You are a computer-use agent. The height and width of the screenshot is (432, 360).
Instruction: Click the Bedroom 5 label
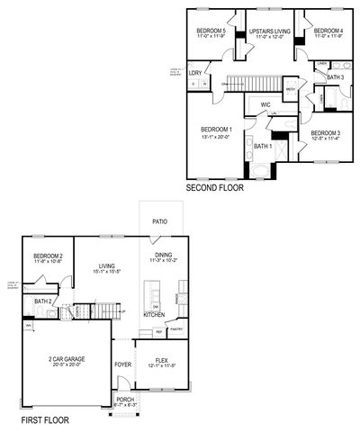click(x=211, y=31)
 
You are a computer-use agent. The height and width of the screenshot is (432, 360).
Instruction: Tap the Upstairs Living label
click(x=268, y=31)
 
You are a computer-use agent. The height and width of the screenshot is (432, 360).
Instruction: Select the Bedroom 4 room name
click(x=326, y=31)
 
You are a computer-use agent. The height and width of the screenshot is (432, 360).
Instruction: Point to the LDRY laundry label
click(x=194, y=72)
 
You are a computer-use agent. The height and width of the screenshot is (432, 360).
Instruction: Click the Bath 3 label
click(x=335, y=77)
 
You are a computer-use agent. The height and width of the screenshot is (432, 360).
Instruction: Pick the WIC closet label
click(x=265, y=105)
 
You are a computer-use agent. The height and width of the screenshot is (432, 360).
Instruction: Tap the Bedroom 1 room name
click(x=217, y=130)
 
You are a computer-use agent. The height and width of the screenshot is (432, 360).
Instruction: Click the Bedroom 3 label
click(x=325, y=133)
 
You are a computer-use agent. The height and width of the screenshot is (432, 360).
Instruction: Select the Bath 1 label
click(x=262, y=146)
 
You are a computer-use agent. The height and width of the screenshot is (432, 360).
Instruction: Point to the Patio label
click(x=160, y=220)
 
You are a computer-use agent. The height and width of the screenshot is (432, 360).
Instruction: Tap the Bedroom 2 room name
click(x=48, y=256)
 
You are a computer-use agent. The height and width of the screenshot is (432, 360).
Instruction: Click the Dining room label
click(x=164, y=255)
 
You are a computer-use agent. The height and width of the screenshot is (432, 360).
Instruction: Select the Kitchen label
click(x=154, y=315)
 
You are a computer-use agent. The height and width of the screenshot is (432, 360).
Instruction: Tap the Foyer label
click(x=122, y=364)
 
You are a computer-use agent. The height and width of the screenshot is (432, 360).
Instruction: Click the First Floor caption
click(x=46, y=420)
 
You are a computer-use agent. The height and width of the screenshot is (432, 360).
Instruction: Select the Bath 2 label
click(x=42, y=301)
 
